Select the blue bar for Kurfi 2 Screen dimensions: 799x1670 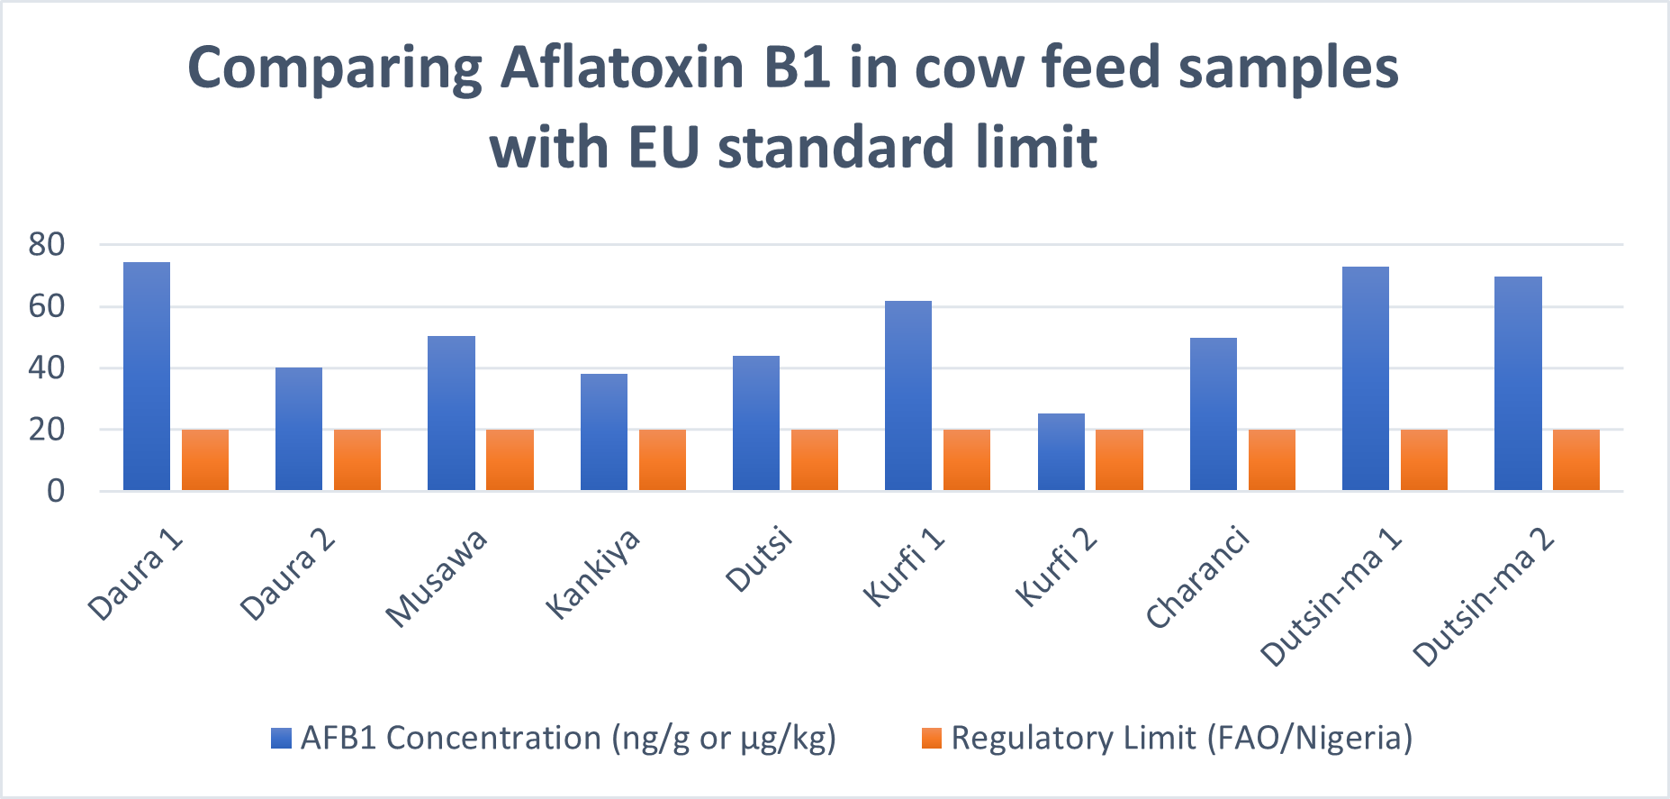(x=1061, y=452)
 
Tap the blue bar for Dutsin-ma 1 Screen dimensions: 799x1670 (x=1365, y=378)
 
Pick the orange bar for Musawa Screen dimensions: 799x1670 (x=510, y=460)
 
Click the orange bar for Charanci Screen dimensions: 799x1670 (x=1271, y=460)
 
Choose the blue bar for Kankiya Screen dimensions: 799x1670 (x=603, y=432)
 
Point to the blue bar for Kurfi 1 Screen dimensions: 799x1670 (x=907, y=395)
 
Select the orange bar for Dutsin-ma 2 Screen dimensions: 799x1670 (x=1575, y=460)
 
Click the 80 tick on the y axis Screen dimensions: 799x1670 (x=47, y=244)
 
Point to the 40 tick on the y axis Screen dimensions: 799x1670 (x=47, y=368)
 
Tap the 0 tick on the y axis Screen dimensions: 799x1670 (x=56, y=491)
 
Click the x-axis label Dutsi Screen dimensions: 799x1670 (x=760, y=561)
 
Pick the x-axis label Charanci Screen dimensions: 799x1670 (x=1198, y=577)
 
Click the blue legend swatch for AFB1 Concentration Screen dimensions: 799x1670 (x=282, y=739)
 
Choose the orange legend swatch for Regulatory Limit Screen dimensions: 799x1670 (x=932, y=739)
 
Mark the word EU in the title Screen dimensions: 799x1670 (x=663, y=147)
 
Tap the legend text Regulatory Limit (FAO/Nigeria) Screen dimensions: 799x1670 (x=1182, y=739)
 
